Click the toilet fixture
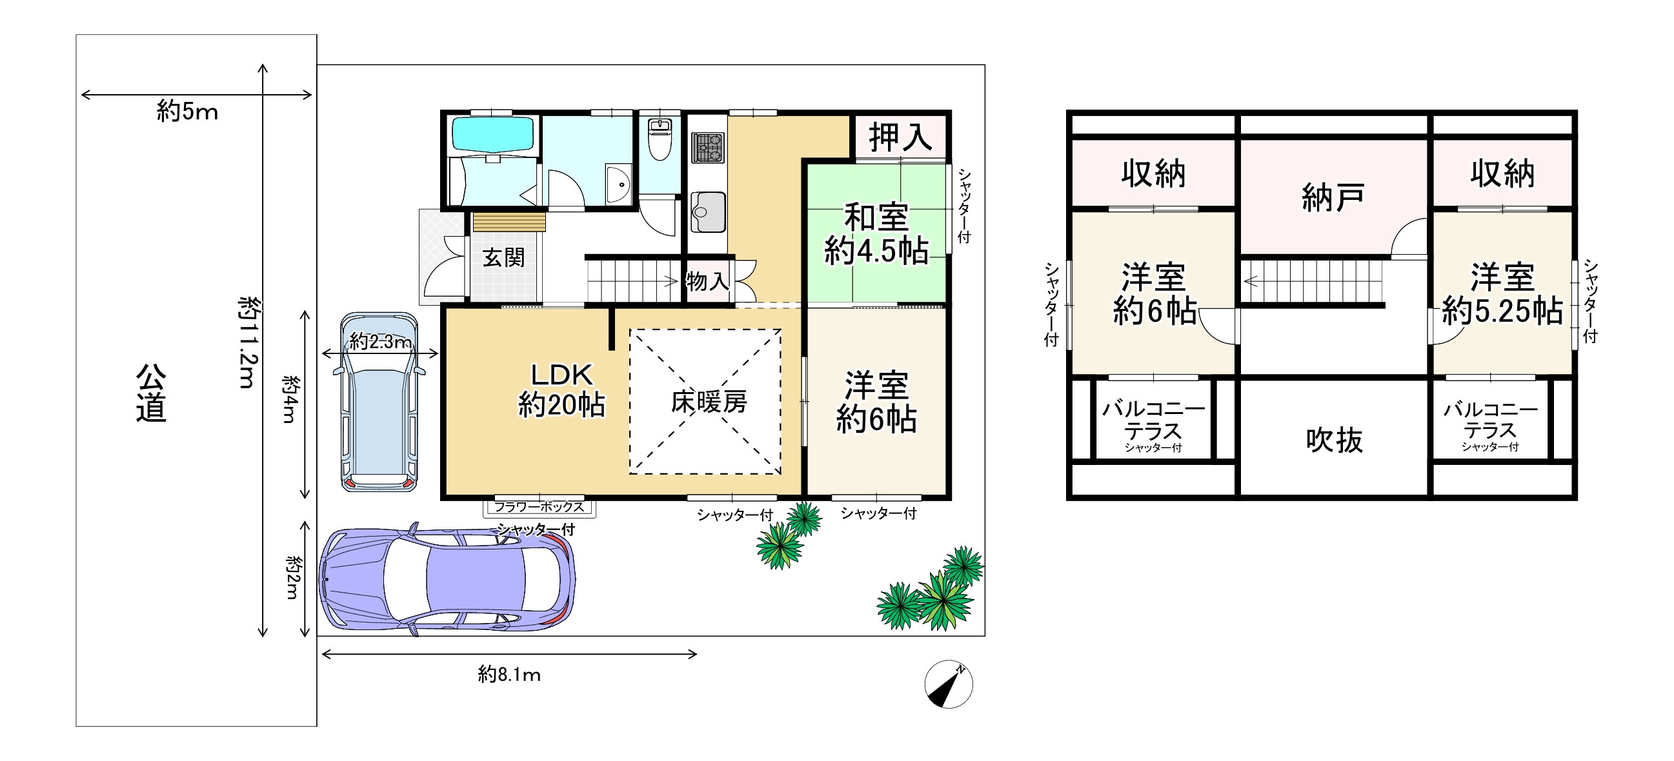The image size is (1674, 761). [660, 139]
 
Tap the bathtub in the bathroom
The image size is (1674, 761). [492, 134]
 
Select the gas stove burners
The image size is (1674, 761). [708, 148]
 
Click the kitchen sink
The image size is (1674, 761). [708, 212]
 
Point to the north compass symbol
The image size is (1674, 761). [948, 684]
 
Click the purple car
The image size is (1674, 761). [447, 578]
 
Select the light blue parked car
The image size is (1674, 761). [379, 401]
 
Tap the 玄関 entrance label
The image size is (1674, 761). [503, 258]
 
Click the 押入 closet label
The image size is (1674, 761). [900, 137]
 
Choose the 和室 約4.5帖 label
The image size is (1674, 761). [876, 233]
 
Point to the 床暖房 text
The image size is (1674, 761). [709, 402]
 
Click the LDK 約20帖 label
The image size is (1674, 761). [561, 390]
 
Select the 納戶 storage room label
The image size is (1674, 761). [1333, 197]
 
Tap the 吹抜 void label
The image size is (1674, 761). [1334, 440]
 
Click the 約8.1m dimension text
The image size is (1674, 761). [509, 675]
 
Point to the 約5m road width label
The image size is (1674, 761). [187, 112]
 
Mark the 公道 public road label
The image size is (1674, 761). [151, 393]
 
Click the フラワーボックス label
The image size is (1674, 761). [539, 506]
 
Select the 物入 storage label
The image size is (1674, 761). [708, 281]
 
